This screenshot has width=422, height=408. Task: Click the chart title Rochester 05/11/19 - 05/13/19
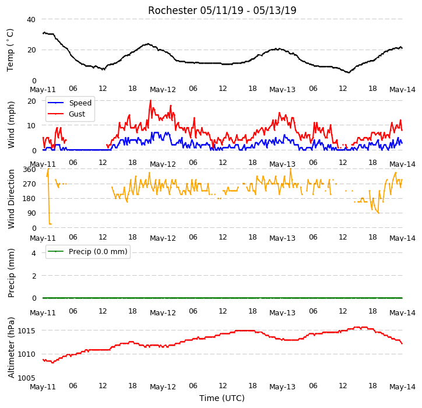(x=222, y=10)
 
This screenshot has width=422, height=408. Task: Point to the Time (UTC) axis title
(x=222, y=398)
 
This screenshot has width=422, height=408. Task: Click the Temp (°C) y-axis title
(x=10, y=50)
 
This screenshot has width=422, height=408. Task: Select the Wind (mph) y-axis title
(x=10, y=125)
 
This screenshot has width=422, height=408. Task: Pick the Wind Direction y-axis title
(x=10, y=199)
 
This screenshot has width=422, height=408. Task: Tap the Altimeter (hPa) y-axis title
(x=10, y=348)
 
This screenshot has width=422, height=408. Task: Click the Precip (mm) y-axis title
(x=10, y=273)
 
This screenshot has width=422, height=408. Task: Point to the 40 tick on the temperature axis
(x=31, y=19)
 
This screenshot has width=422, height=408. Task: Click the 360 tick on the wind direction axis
(x=29, y=169)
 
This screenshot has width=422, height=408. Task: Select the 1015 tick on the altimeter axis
(x=26, y=330)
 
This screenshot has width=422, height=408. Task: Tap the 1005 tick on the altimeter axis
(x=26, y=378)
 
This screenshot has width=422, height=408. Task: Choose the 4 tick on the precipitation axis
(x=34, y=253)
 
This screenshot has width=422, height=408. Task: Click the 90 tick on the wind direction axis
(x=31, y=213)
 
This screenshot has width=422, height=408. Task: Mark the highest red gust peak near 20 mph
(x=150, y=101)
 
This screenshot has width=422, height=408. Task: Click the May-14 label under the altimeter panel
(x=402, y=387)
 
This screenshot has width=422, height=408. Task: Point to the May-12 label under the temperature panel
(x=163, y=90)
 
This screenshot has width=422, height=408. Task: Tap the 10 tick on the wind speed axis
(x=31, y=126)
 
